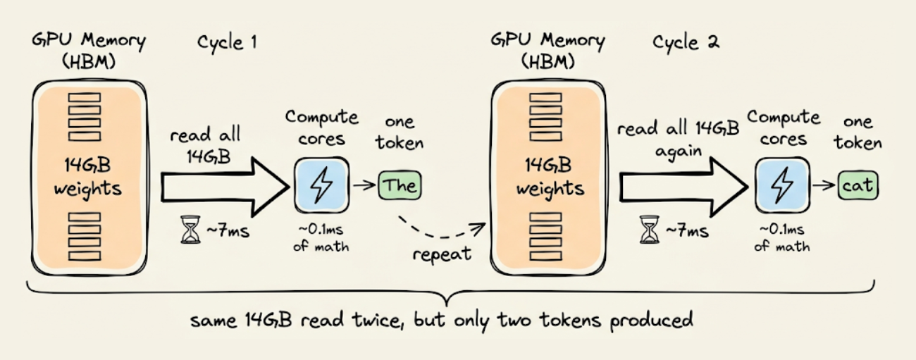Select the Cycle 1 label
coord(227,42)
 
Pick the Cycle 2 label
coord(686,42)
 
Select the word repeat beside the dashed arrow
coord(442,254)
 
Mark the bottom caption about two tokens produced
coord(442,321)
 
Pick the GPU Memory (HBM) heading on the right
coord(547,51)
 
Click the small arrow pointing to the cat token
coord(822,186)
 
